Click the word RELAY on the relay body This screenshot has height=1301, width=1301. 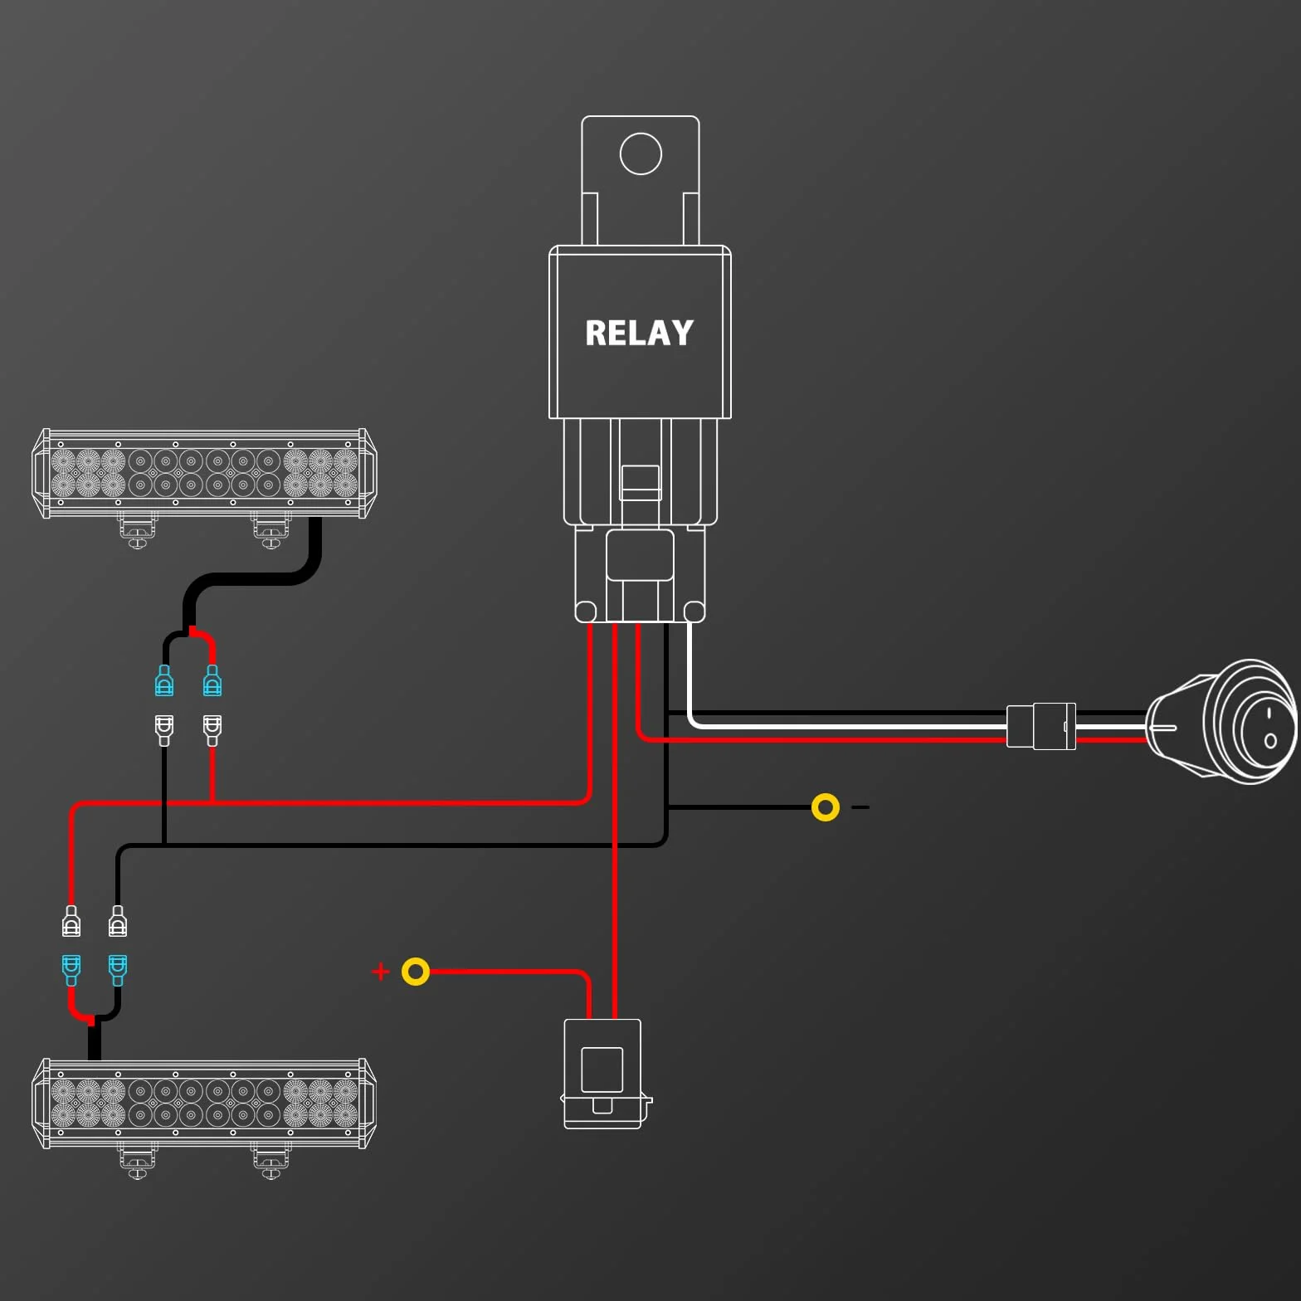coord(639,333)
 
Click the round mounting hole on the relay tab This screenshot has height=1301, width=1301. coord(641,153)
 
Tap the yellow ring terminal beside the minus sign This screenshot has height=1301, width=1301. coord(826,807)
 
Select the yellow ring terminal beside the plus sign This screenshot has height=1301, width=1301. coord(416,972)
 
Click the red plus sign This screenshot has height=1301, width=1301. coord(381,972)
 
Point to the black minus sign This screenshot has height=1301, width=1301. coord(860,807)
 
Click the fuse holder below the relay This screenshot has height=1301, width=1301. coord(604,1074)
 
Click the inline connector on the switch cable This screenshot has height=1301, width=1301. coord(1041,726)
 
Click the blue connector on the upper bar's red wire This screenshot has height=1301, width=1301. coord(212,680)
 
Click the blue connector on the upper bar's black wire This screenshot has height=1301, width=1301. coord(164,680)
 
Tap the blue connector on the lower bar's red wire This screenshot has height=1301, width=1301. coord(71,970)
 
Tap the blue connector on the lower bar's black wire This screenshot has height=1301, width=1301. coord(118,970)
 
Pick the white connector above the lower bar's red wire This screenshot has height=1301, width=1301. coord(71,921)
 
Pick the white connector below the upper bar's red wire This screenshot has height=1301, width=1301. coord(212,730)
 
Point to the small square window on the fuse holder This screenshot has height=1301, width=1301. coord(602,1070)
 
